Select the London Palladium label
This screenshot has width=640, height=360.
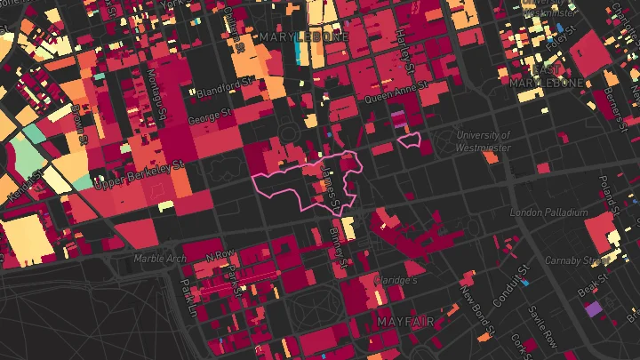point(548,212)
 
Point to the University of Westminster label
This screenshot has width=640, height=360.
point(483,140)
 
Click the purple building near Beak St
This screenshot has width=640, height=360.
point(593,309)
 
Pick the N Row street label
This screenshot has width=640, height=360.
point(217,256)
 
